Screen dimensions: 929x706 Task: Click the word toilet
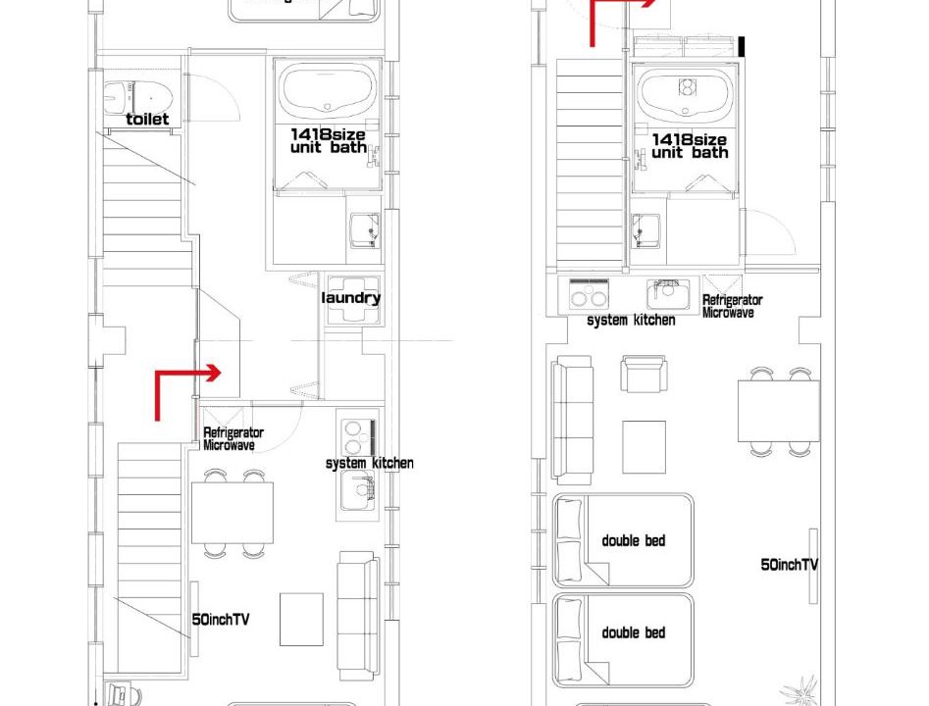[x=147, y=119]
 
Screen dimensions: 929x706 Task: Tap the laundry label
[x=351, y=298]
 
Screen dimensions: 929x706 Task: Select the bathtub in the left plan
[x=329, y=89]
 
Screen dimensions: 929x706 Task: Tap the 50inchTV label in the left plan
[x=221, y=620]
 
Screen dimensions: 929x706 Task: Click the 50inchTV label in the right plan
[x=789, y=565]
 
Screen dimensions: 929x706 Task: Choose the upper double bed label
[x=634, y=540]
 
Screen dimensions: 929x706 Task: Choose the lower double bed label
[x=634, y=632]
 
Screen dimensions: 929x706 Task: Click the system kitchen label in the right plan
[x=631, y=320]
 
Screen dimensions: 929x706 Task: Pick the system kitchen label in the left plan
[x=370, y=463]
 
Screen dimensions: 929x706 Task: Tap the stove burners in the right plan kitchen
[x=589, y=294]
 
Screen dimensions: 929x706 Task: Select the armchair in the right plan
[x=644, y=374]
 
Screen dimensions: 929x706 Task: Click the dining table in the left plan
[x=232, y=513]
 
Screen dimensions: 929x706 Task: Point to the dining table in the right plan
[x=779, y=411]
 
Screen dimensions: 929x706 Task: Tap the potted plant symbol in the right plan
[x=799, y=690]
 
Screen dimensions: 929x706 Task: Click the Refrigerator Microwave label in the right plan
[x=732, y=306]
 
